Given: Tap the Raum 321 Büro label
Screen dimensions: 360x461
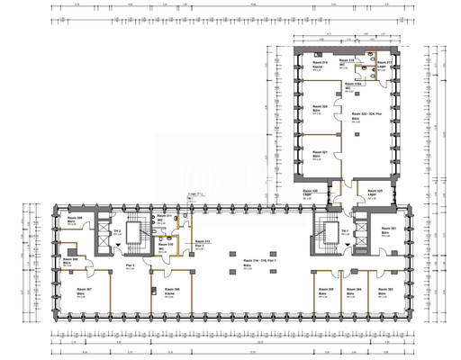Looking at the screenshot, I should (321, 156).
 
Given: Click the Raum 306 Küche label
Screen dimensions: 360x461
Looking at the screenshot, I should (171, 292).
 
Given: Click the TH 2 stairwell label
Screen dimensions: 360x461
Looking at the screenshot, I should (118, 232).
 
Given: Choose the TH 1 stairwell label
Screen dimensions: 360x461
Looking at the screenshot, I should (345, 232).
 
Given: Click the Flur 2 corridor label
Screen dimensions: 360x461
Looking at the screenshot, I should (131, 267).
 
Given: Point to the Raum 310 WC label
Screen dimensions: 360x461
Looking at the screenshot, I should (165, 246).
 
